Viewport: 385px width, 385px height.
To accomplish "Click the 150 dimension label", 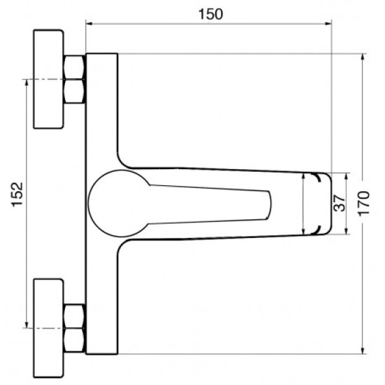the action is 211,14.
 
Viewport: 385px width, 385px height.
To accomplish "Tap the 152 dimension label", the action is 18,194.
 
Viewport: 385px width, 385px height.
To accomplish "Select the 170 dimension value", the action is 364,204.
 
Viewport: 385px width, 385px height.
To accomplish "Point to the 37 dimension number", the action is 339,203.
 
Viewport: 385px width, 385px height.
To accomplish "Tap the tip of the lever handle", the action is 269,205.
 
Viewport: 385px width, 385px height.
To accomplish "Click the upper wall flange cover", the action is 49,79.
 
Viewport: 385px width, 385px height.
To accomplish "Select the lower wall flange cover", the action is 49,328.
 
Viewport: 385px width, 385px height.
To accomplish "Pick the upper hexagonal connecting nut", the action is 74,79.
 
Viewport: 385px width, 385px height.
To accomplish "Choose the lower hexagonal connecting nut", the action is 74,328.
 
